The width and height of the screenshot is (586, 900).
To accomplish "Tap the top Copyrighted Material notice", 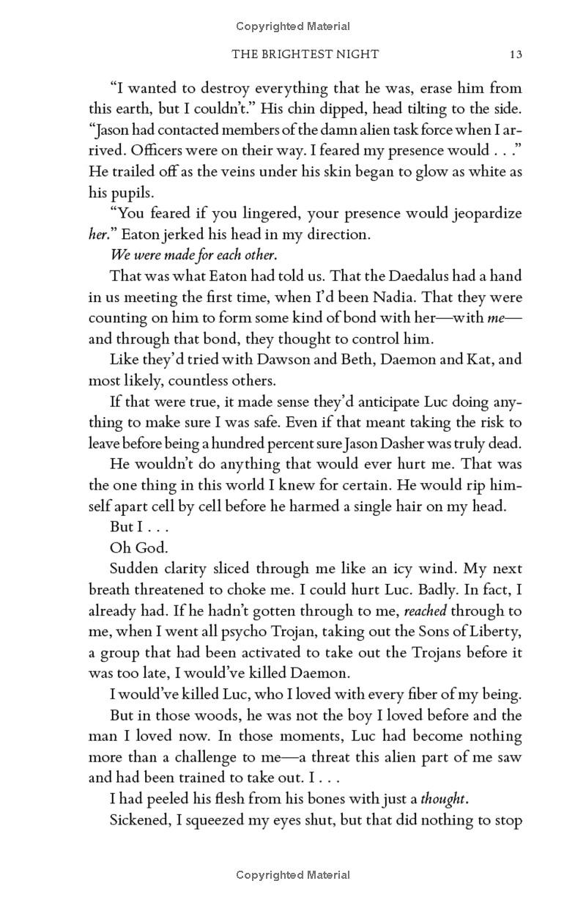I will coord(293,26).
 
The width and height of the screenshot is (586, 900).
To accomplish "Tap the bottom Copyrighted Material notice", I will coord(293,874).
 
